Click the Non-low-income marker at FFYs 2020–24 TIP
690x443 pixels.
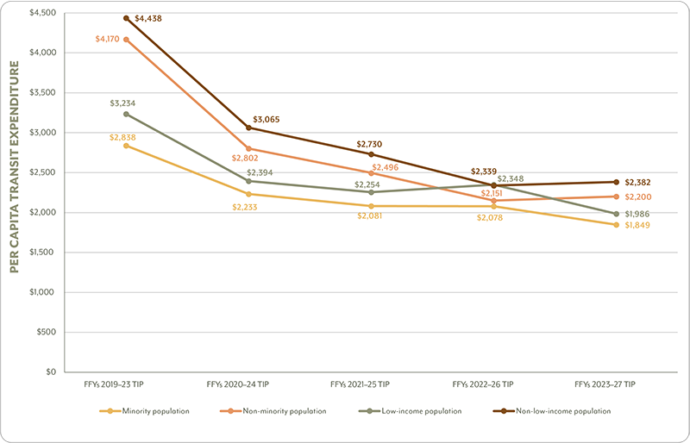click(x=249, y=128)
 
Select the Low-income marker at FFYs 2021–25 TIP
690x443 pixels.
click(x=372, y=192)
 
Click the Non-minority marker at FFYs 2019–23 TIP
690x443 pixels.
click(x=127, y=40)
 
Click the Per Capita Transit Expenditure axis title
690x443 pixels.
click(x=16, y=190)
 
